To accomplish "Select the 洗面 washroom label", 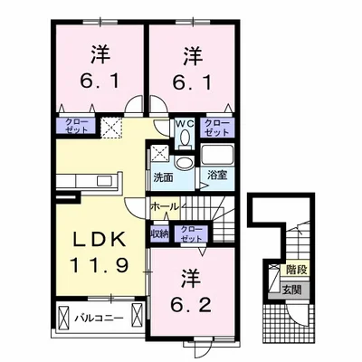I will (163, 177).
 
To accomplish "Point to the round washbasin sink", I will (184, 163).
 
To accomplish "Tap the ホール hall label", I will (164, 206).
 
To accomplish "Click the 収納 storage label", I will (160, 233).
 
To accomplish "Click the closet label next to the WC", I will (216, 128).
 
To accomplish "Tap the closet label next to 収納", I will (191, 233).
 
